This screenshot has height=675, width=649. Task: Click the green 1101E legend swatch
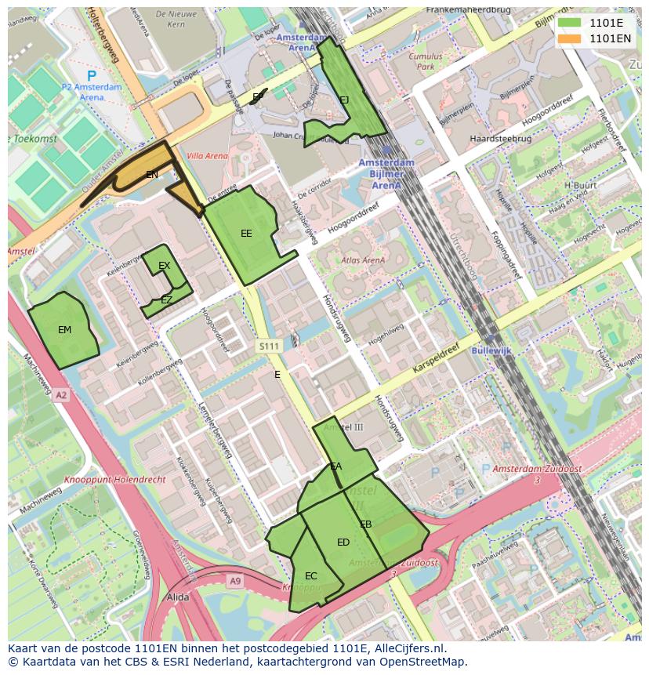(x=569, y=23)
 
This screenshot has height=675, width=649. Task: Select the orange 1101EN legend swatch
(x=569, y=38)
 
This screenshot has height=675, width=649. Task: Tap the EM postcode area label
(x=64, y=330)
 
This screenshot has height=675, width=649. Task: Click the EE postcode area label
(x=246, y=234)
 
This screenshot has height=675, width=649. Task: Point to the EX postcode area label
(x=164, y=266)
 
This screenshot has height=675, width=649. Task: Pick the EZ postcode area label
(x=166, y=300)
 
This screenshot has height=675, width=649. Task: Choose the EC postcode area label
(x=311, y=576)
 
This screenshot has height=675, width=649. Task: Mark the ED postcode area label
(x=343, y=543)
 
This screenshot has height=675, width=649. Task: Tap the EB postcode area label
(x=365, y=524)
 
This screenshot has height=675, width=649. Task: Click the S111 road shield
(x=269, y=346)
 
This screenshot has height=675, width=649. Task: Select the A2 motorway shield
(x=61, y=396)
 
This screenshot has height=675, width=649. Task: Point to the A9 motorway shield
(x=235, y=580)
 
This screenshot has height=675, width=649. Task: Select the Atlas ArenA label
(x=363, y=260)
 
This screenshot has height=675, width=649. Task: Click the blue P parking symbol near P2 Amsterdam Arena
(x=92, y=76)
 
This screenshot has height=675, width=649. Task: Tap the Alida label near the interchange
(x=178, y=597)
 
